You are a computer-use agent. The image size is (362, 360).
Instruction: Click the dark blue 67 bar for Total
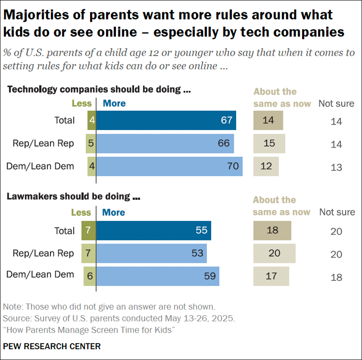(x=166, y=120)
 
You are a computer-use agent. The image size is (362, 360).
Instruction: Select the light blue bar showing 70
(x=169, y=166)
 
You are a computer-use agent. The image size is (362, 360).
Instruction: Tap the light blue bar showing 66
(x=165, y=143)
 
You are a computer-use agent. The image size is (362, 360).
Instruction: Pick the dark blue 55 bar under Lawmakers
(x=154, y=230)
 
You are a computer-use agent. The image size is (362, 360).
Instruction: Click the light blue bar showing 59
(x=157, y=276)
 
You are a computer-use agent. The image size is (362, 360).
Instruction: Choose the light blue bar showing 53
(x=151, y=254)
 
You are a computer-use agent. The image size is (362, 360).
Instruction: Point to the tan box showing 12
(x=266, y=166)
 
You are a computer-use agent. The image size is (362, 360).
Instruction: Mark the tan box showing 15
(x=269, y=143)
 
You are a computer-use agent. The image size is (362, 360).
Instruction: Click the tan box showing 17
(x=271, y=276)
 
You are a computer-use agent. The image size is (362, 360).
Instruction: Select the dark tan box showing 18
(x=272, y=230)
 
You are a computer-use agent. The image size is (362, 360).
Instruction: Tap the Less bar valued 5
(x=91, y=143)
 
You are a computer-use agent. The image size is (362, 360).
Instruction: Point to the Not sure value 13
(x=336, y=168)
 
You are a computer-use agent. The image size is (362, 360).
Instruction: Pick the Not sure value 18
(x=336, y=278)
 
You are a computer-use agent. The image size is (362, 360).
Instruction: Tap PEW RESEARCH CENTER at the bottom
(x=52, y=346)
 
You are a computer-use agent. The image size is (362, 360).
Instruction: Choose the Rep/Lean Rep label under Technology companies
(x=43, y=143)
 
